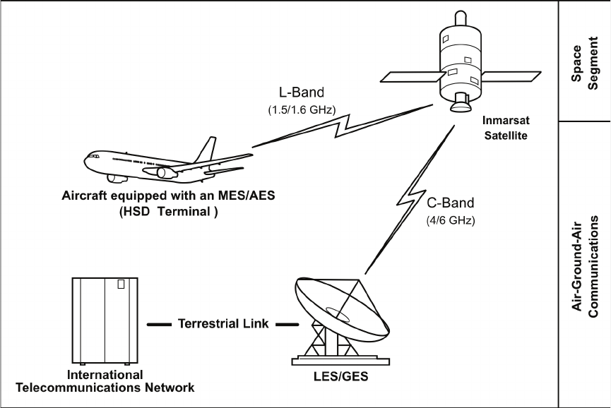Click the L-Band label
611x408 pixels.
click(x=301, y=92)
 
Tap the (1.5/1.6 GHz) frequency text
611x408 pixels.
click(x=302, y=110)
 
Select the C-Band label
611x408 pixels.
click(x=451, y=203)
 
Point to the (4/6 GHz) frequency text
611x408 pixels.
click(x=451, y=221)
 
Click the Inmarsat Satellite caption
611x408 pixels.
click(x=506, y=128)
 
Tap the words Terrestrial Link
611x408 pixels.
click(x=223, y=323)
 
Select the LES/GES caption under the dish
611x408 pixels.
click(x=341, y=376)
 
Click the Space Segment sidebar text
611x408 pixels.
click(x=584, y=64)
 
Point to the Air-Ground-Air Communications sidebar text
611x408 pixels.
click(x=584, y=267)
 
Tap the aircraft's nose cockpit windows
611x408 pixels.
click(x=93, y=156)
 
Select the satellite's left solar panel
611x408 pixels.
click(x=413, y=77)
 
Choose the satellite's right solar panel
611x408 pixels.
click(x=511, y=76)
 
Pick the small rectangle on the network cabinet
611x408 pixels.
click(x=121, y=284)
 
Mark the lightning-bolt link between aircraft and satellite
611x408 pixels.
click(x=342, y=126)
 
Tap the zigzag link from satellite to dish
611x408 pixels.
click(x=410, y=199)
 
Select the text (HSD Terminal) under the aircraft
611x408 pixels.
click(x=168, y=212)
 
